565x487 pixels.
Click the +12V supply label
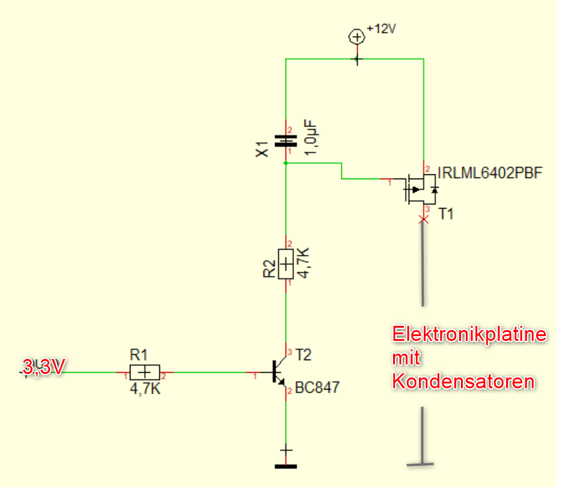pyautogui.click(x=382, y=29)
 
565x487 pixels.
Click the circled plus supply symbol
pyautogui.click(x=356, y=37)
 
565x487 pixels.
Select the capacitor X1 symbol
pyautogui.click(x=286, y=141)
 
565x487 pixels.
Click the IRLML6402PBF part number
pyautogui.click(x=490, y=173)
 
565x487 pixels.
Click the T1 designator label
pyautogui.click(x=445, y=215)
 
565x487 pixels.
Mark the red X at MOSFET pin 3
pyautogui.click(x=424, y=220)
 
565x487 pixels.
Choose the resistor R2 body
pyautogui.click(x=286, y=263)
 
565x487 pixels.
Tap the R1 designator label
pyautogui.click(x=138, y=354)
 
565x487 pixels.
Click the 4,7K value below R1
pyautogui.click(x=144, y=390)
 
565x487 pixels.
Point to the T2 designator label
pyautogui.click(x=304, y=355)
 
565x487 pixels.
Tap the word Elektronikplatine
pyautogui.click(x=469, y=334)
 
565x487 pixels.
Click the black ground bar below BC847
pyautogui.click(x=286, y=465)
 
